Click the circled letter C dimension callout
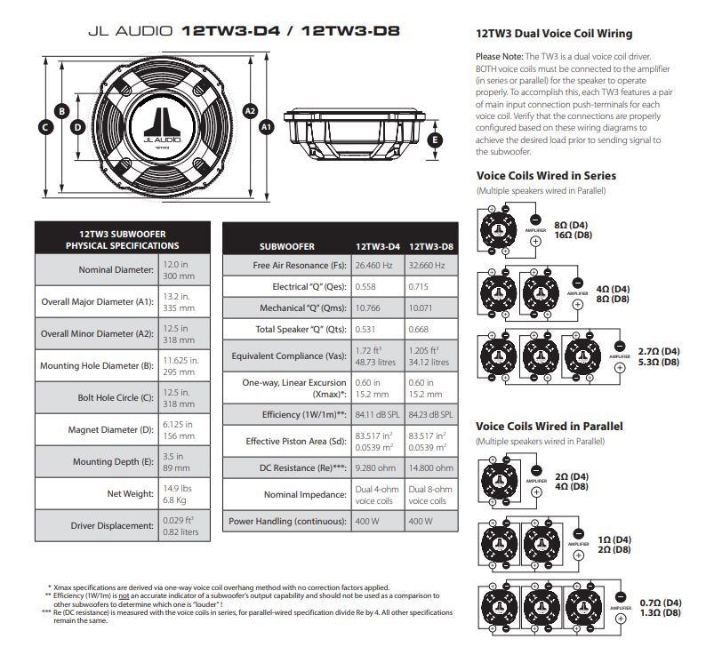[x=44, y=127]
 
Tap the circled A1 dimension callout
[x=266, y=127]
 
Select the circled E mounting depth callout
[x=435, y=140]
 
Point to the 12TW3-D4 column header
[x=378, y=246]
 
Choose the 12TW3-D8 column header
[x=430, y=246]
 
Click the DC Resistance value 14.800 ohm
[x=430, y=467]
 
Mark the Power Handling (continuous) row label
[x=287, y=522]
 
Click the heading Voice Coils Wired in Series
[x=546, y=176]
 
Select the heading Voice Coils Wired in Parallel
[x=550, y=427]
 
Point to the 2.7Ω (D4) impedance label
[x=659, y=351]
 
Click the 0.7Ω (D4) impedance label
[x=660, y=603]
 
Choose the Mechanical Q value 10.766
[x=372, y=308]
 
